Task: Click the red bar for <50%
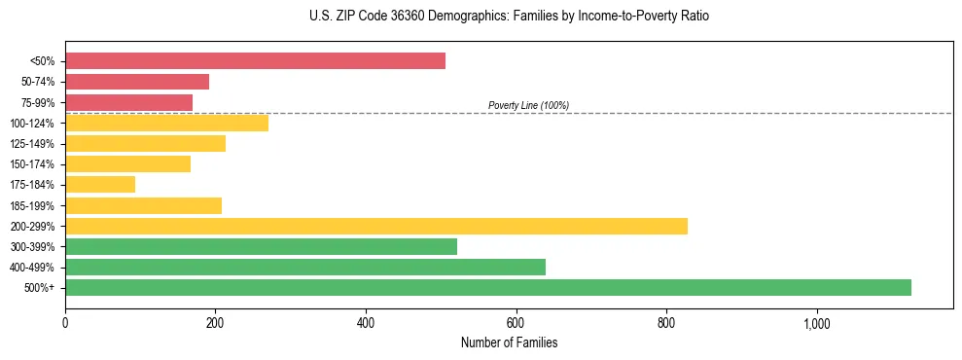[x=255, y=61]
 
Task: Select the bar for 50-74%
[x=137, y=82]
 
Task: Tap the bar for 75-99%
[x=128, y=102]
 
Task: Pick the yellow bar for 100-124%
[x=166, y=124]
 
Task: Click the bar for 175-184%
[x=100, y=185]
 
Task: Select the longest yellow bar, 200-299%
[x=376, y=226]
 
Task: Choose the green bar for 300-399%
[x=261, y=247]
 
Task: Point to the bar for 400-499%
[x=305, y=268]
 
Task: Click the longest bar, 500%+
[x=488, y=288]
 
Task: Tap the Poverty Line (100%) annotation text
[x=528, y=105]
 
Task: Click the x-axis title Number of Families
[x=509, y=343]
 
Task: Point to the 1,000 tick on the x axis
[x=816, y=322]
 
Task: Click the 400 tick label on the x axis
[x=366, y=322]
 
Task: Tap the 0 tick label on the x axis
[x=65, y=322]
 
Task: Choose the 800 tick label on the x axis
[x=666, y=322]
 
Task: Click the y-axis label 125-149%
[x=33, y=144]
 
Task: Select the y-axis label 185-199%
[x=33, y=205]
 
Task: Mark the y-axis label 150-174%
[x=33, y=164]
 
